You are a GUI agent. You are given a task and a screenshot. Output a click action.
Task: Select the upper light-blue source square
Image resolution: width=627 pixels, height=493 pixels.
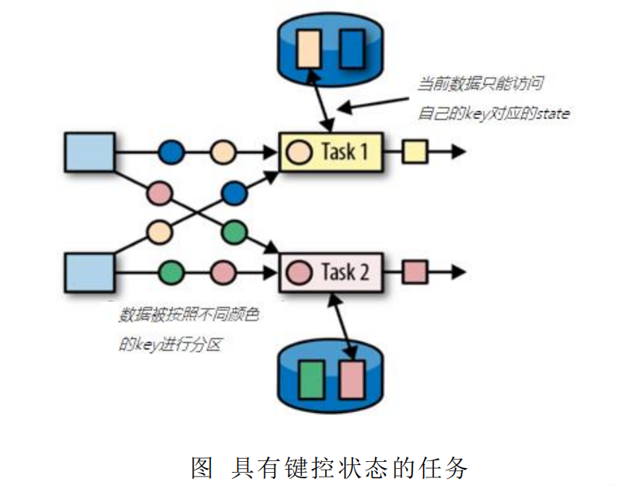(x=89, y=151)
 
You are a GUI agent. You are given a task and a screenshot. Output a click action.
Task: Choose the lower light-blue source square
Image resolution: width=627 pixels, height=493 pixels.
(x=89, y=272)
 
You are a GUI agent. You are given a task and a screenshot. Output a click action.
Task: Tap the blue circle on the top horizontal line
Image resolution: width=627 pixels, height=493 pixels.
(x=171, y=152)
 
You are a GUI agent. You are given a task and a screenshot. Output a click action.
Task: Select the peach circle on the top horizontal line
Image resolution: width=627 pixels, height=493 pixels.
(x=223, y=152)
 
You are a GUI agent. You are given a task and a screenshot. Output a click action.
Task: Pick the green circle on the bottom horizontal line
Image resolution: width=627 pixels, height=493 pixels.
(x=171, y=273)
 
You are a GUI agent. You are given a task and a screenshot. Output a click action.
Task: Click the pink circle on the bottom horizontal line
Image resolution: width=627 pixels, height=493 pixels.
(x=223, y=273)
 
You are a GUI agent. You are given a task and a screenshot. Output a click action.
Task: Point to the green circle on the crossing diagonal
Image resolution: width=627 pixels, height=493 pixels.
(x=233, y=232)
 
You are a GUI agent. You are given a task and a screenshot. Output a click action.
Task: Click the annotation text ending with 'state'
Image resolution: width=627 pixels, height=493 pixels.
(x=493, y=114)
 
